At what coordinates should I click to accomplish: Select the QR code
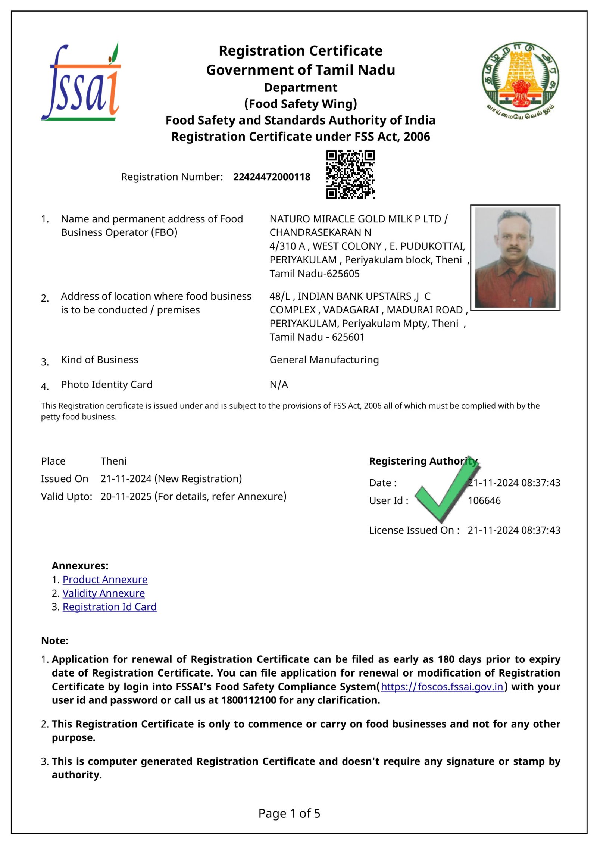[x=350, y=174]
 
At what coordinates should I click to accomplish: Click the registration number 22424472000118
[x=272, y=177]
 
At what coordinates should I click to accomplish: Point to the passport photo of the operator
[x=515, y=257]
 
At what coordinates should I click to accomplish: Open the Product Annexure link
[x=105, y=580]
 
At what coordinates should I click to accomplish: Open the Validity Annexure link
[x=103, y=593]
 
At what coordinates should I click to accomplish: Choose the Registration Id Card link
[x=109, y=607]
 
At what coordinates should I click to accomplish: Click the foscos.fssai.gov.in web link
[x=442, y=687]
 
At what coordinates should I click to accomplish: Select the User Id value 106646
[x=484, y=501]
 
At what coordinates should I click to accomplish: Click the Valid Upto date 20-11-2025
[x=126, y=497]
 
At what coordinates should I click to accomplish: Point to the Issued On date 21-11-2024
[x=126, y=479]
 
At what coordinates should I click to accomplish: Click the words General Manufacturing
[x=324, y=360]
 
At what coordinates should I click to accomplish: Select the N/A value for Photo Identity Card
[x=279, y=384]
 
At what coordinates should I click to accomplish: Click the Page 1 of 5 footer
[x=289, y=814]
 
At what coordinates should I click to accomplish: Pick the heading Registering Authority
[x=423, y=461]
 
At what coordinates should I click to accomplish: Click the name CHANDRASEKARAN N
[x=320, y=232]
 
